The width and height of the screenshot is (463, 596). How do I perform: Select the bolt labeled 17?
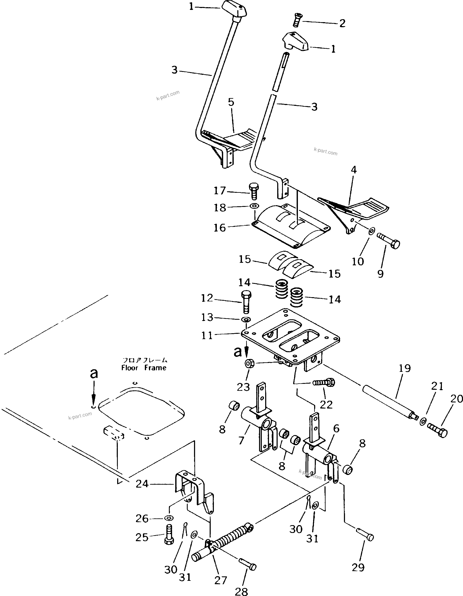[254, 192]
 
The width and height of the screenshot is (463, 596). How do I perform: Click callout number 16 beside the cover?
[220, 227]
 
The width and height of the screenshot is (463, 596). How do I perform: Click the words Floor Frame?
[144, 368]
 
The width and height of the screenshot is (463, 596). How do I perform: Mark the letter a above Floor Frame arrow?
[94, 373]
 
